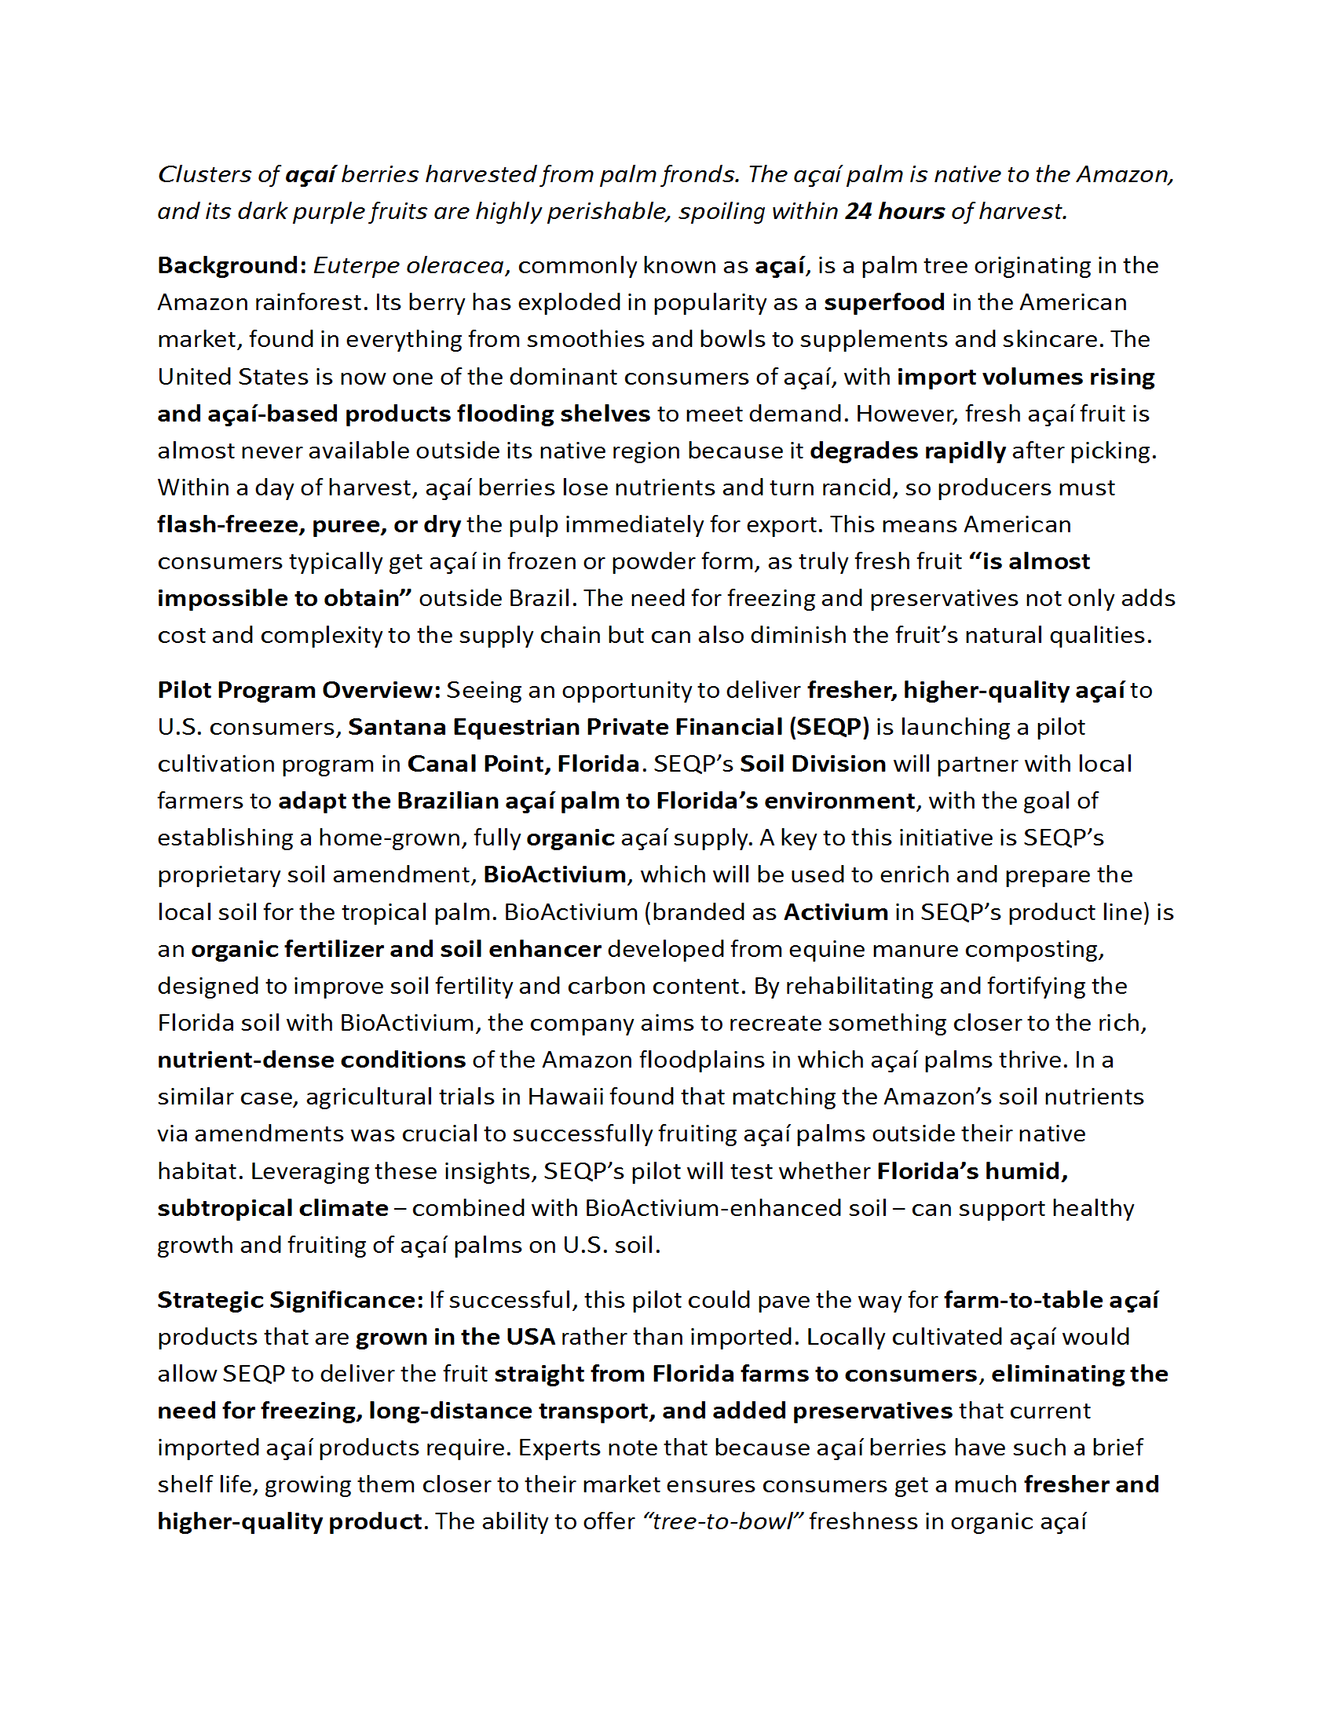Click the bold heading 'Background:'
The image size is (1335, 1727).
click(232, 265)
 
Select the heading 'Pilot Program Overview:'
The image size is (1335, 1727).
click(299, 689)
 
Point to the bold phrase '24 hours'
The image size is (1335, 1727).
click(894, 211)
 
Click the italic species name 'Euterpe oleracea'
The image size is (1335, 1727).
click(408, 265)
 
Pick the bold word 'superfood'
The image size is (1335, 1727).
click(884, 302)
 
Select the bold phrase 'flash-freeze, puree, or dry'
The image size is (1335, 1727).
click(309, 524)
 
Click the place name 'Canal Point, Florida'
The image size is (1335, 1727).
click(523, 763)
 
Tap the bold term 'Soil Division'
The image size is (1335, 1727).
click(812, 763)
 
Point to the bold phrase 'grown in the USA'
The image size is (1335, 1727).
click(455, 1336)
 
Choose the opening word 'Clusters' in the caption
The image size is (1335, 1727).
click(206, 174)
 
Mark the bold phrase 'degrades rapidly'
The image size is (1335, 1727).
click(907, 450)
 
